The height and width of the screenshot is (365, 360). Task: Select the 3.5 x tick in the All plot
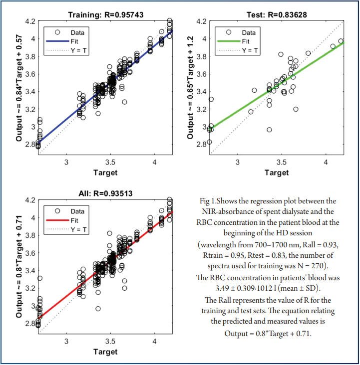[111, 342]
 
